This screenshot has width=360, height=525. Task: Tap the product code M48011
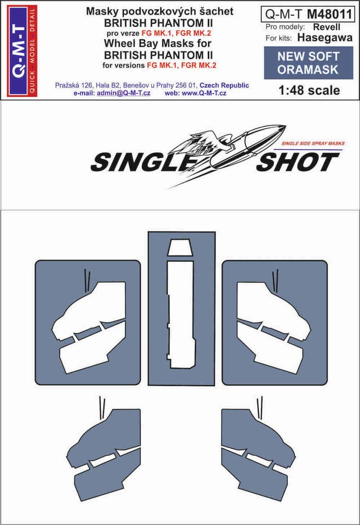tap(329, 14)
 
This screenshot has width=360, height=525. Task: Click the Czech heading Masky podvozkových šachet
tap(159, 12)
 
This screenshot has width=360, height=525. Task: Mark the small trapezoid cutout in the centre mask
tap(181, 248)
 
